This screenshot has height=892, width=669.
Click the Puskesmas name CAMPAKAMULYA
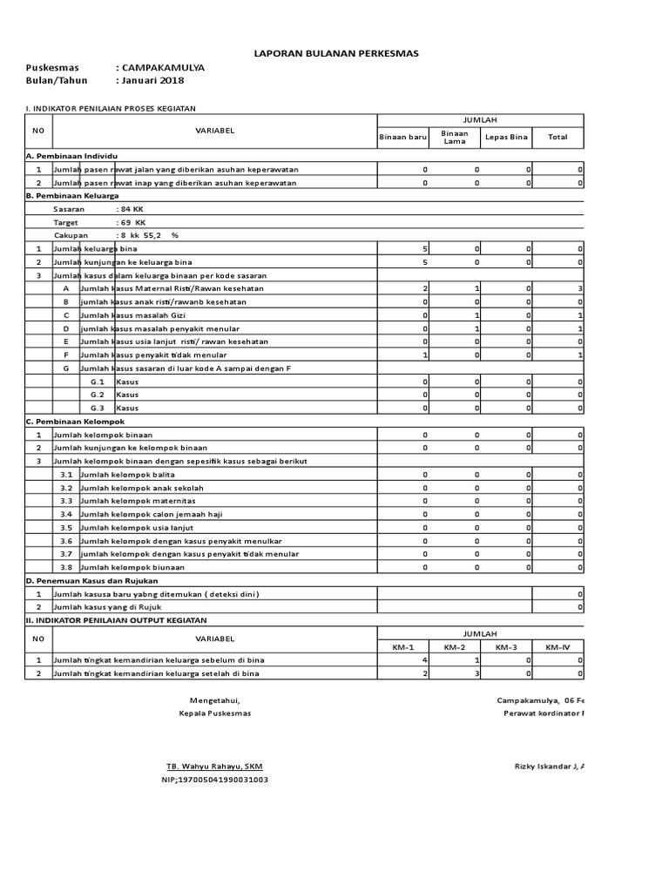[x=164, y=68]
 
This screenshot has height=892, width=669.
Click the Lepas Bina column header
[x=506, y=137]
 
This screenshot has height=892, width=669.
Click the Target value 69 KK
[x=133, y=223]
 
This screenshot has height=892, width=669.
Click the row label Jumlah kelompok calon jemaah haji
[x=150, y=514]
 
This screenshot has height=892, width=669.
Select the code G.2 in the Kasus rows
[x=98, y=395]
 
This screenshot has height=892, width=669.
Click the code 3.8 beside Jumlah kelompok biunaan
[x=66, y=567]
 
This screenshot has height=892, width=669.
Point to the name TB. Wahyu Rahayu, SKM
[x=214, y=766]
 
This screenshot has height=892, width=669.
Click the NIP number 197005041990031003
[x=214, y=780]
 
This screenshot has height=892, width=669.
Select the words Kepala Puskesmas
[x=214, y=713]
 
